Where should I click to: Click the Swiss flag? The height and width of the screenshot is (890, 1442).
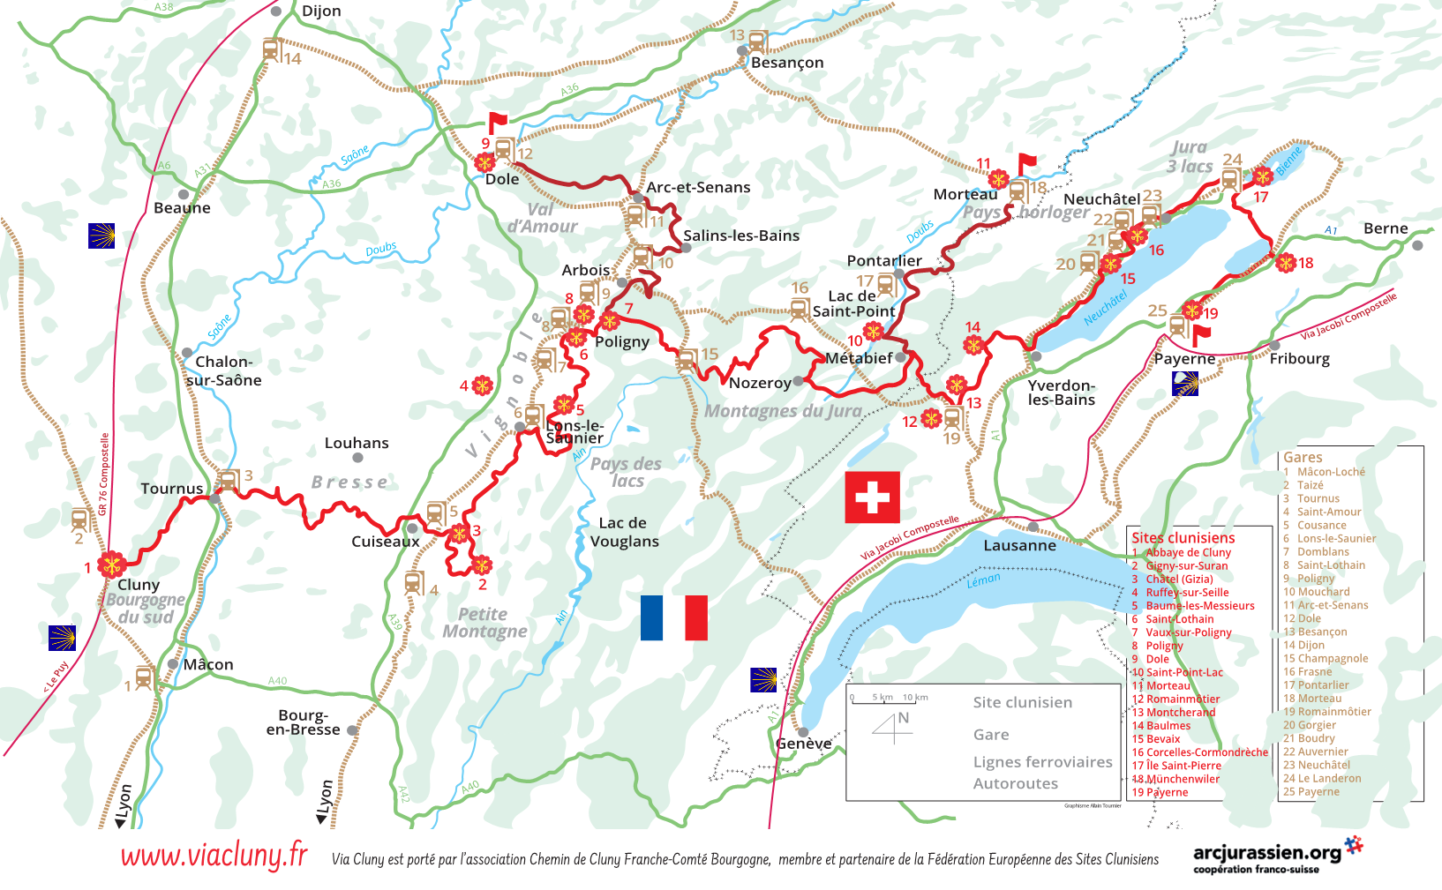click(x=872, y=497)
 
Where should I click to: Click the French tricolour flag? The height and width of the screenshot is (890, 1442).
click(x=673, y=617)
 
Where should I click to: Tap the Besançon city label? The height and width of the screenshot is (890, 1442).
click(x=786, y=63)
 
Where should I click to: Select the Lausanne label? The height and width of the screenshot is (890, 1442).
click(x=1019, y=545)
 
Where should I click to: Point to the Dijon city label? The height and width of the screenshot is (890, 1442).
click(x=321, y=11)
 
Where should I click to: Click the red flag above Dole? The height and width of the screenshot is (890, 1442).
click(x=497, y=122)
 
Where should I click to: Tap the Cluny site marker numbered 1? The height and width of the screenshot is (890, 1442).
click(x=112, y=565)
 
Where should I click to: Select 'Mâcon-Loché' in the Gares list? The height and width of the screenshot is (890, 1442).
click(x=1330, y=472)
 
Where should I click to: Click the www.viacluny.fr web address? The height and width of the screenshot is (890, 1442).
click(x=214, y=856)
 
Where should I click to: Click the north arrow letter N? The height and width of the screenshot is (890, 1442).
click(x=903, y=718)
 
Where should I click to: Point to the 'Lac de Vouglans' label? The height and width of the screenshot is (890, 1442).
click(x=624, y=532)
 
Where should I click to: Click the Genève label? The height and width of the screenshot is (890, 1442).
click(x=803, y=744)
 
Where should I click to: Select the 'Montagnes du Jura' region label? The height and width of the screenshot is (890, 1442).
click(x=783, y=411)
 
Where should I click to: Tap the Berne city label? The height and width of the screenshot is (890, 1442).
click(x=1385, y=228)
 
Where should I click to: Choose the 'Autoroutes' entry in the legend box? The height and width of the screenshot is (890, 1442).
click(x=1015, y=783)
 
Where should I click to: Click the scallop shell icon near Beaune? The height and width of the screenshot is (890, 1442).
click(x=101, y=236)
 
